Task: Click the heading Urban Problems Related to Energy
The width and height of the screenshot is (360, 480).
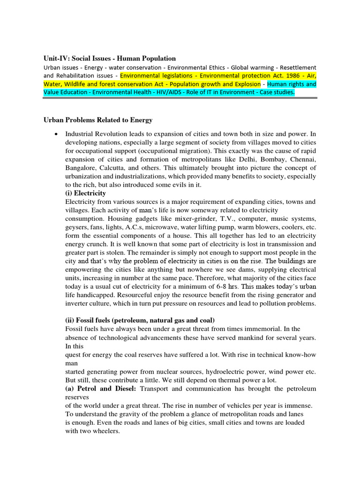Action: (x=98, y=121)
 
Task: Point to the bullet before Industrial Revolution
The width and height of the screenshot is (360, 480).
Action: (x=56, y=134)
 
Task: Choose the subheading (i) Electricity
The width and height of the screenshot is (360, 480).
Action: (x=85, y=193)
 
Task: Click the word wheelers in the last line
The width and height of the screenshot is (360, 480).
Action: (x=106, y=431)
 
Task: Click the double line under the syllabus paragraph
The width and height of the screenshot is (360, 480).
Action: (x=180, y=99)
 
